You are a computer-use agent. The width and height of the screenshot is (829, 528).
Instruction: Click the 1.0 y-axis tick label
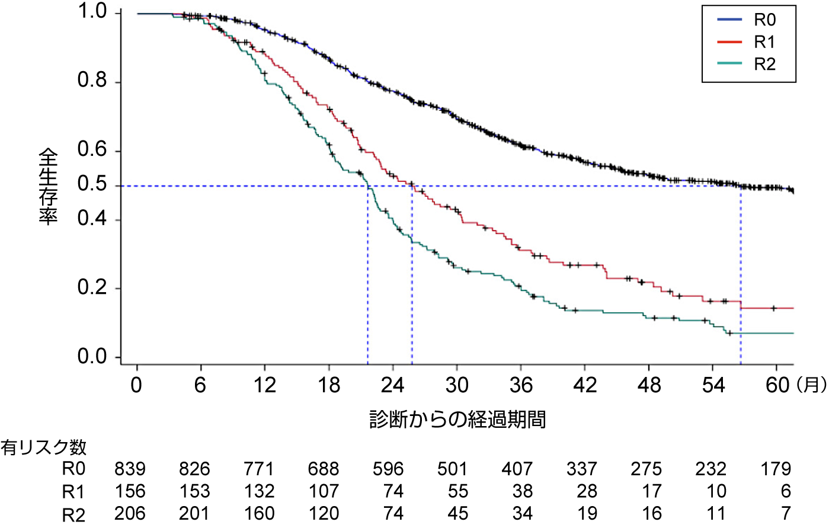[92, 12]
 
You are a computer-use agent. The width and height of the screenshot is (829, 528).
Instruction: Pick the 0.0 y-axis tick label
[92, 357]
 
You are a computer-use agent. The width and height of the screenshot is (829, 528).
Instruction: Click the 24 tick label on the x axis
[392, 385]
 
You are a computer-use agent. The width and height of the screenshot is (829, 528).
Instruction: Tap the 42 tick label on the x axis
[585, 385]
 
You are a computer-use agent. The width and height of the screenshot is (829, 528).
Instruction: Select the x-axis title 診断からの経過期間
[457, 420]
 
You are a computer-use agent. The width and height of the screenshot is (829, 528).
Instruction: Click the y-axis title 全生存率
[48, 186]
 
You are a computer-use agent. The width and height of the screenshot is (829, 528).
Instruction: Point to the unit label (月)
[811, 385]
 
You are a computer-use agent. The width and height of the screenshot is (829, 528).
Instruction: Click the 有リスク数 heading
[43, 447]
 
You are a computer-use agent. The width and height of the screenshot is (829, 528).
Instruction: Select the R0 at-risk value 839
[130, 469]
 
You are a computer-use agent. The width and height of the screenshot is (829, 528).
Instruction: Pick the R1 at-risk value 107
[324, 492]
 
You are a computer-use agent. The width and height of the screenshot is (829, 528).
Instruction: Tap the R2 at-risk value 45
[457, 513]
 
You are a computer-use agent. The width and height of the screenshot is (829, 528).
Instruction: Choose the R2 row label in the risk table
[73, 514]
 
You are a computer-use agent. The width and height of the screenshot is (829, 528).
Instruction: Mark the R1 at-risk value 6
[786, 492]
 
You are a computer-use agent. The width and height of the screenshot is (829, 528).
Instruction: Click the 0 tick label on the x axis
[136, 385]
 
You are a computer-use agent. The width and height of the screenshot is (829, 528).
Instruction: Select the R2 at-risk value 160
[259, 513]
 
